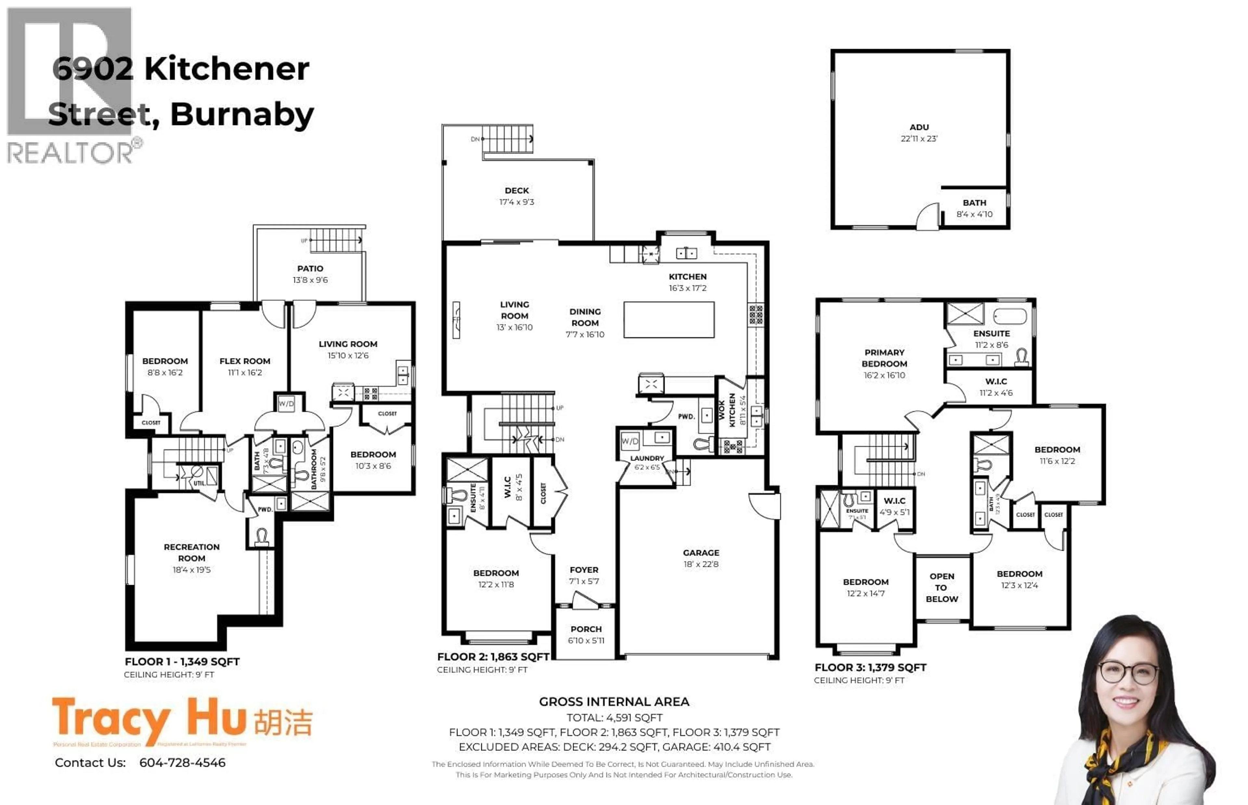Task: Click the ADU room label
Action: pos(919,127)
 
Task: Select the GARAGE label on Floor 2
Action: pos(701,553)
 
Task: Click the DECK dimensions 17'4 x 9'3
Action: pos(516,202)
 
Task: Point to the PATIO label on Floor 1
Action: pos(310,268)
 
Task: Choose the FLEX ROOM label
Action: pos(245,361)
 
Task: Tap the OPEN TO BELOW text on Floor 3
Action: pos(941,588)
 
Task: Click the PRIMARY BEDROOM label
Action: pos(884,358)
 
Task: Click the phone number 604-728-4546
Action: pos(182,763)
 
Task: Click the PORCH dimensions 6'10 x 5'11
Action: pos(586,640)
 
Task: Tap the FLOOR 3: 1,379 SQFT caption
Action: pos(870,668)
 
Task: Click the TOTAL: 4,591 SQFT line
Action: pos(614,718)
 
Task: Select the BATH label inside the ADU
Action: pos(974,202)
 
